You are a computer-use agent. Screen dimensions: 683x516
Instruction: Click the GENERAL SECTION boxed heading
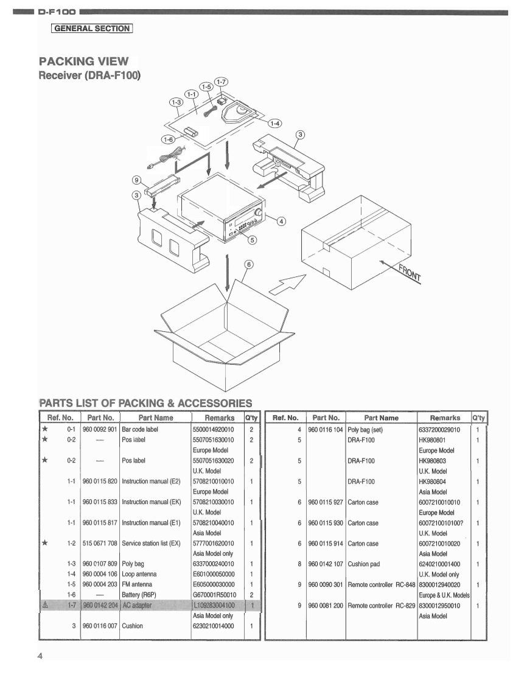[92, 28]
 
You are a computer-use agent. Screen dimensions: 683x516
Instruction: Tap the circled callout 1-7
[221, 82]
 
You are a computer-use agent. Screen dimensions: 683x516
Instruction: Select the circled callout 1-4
[275, 124]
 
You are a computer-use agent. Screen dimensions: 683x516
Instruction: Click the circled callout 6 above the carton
[248, 264]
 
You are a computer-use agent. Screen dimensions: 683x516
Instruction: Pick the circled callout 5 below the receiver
[253, 240]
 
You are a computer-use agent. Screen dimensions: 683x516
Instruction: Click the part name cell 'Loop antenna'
[139, 573]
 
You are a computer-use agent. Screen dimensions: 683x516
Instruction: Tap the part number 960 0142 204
[100, 605]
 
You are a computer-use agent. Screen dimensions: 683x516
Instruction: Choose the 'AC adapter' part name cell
[138, 605]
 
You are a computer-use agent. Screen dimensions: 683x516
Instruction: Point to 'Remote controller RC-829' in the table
[381, 605]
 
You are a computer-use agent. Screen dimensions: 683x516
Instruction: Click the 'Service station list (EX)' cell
[152, 543]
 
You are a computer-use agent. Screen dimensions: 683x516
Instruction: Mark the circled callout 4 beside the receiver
[281, 221]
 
